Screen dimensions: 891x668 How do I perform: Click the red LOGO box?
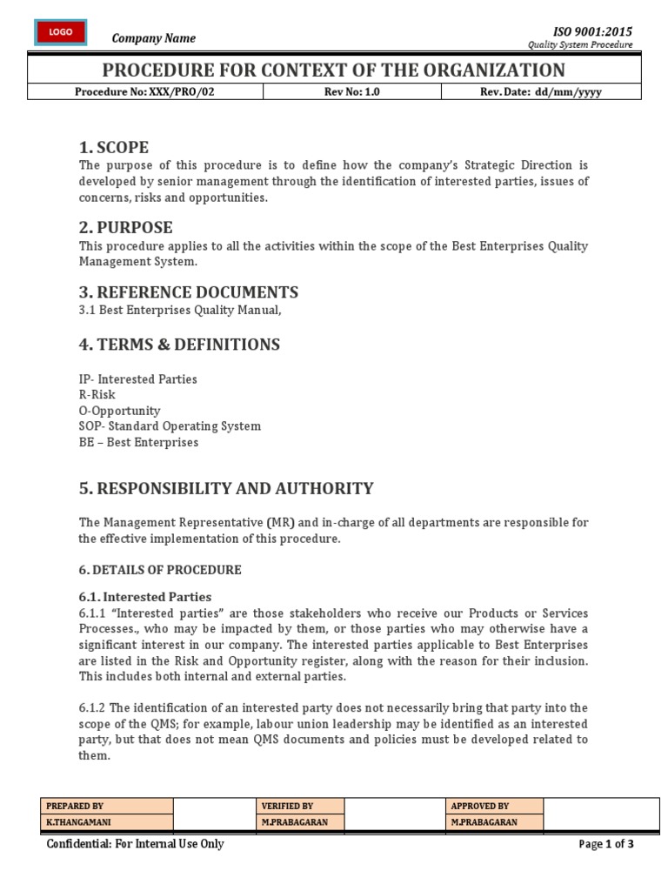61,32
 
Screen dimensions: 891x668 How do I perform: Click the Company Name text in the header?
154,38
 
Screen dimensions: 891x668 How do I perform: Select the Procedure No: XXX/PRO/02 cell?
144,91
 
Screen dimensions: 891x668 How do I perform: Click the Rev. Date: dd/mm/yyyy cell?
540,91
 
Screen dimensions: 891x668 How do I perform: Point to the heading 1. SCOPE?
114,147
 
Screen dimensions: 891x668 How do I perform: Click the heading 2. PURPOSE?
126,228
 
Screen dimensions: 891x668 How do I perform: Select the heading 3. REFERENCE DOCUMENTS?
189,292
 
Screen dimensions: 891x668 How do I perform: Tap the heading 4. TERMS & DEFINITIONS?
179,345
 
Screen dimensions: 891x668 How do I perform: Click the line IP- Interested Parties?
138,379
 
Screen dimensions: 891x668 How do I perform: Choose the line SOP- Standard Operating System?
170,426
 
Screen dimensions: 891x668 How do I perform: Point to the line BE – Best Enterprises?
138,442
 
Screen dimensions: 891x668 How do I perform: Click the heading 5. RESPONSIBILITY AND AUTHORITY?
226,488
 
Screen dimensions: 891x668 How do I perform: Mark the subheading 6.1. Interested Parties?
145,597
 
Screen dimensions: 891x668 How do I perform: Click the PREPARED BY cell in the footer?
75,807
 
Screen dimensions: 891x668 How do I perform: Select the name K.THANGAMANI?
78,822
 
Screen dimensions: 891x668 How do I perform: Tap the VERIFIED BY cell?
287,807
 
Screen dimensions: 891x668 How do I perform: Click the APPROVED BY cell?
480,807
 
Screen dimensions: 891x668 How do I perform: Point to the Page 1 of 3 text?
606,844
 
